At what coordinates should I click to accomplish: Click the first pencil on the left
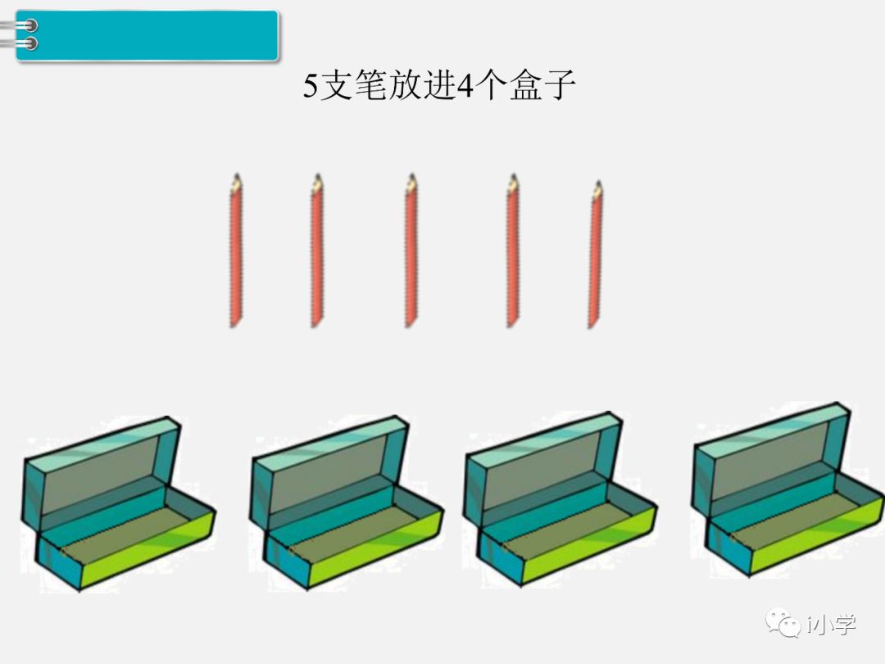point(235,254)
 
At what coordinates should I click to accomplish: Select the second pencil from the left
point(316,254)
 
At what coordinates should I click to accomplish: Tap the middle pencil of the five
point(411,254)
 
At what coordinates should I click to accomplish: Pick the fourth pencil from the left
point(512,254)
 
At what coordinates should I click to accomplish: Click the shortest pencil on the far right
point(596,258)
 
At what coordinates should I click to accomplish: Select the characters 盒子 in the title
point(542,86)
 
